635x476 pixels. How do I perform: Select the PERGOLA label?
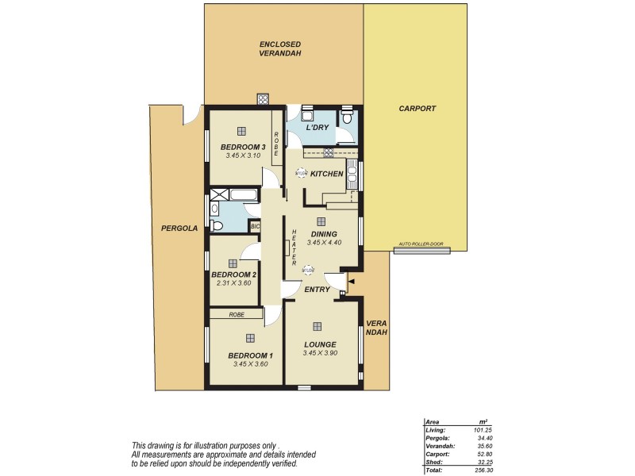[178, 228]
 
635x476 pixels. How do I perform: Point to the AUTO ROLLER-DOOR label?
[421, 245]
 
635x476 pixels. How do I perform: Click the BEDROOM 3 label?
[242, 147]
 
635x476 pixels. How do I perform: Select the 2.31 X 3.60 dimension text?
[233, 282]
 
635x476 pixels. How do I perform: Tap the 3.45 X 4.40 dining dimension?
[324, 242]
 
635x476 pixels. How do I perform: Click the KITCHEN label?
[326, 173]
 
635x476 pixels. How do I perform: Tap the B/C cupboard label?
[255, 226]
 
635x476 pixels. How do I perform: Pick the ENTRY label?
[317, 290]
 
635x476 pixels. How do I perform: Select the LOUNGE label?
[320, 344]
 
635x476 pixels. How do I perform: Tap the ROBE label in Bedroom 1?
[236, 315]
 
